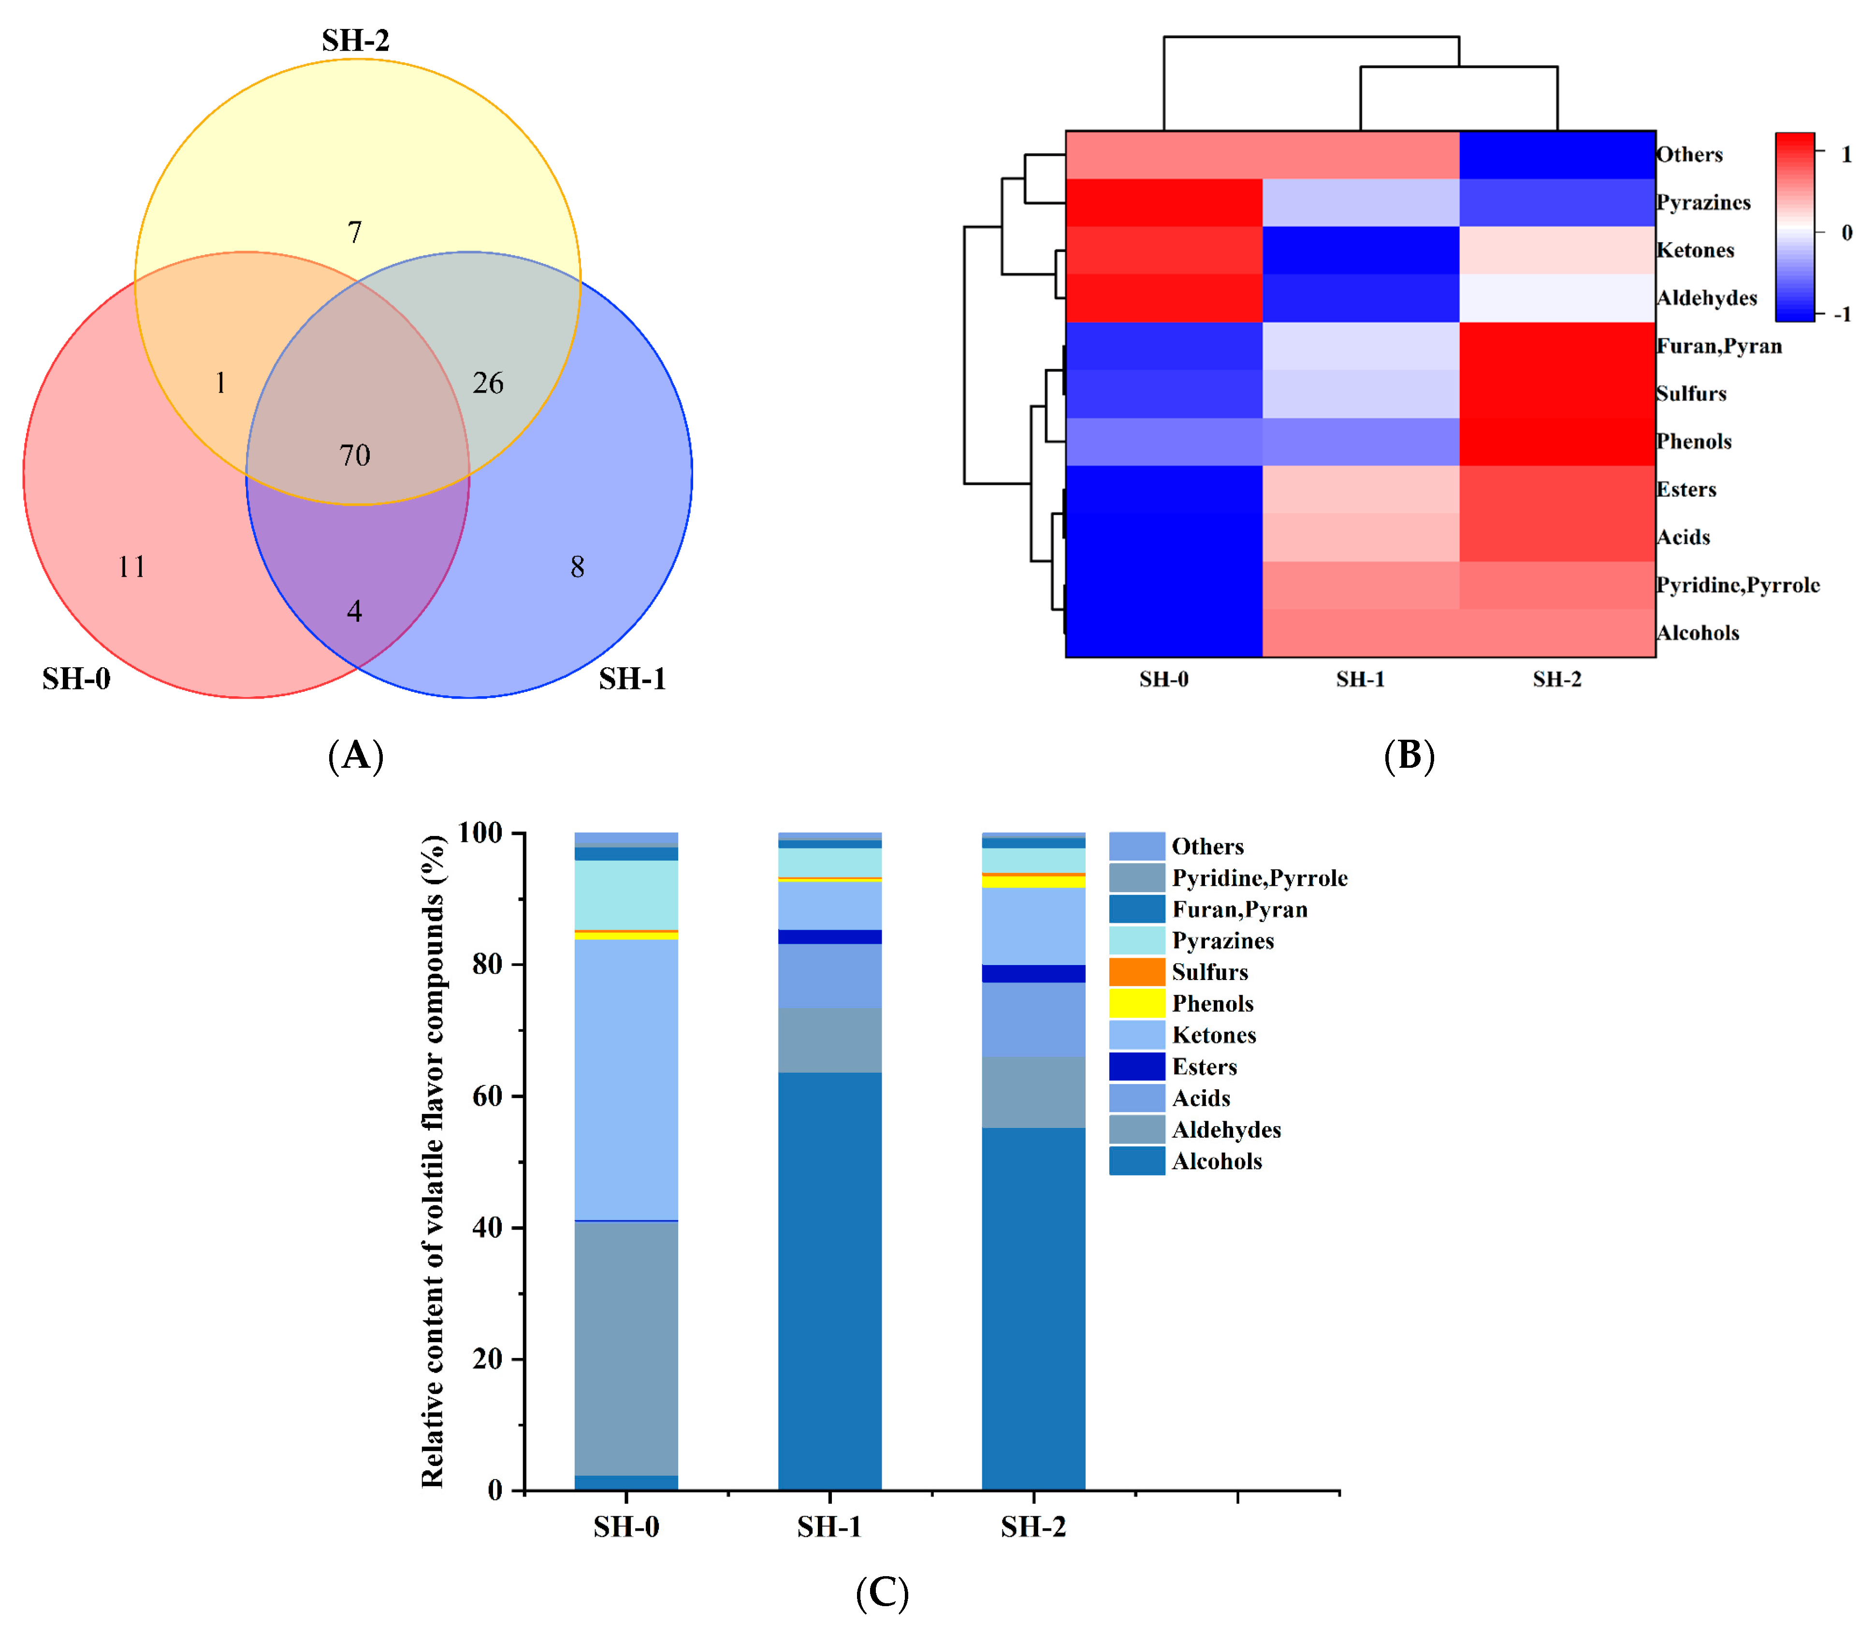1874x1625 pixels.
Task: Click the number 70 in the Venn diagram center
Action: [x=354, y=455]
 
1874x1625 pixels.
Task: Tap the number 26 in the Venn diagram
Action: [x=488, y=383]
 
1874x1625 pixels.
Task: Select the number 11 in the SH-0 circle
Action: [x=131, y=568]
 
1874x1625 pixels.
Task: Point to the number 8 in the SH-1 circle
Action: [x=577, y=568]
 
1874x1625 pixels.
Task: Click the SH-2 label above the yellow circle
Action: [x=355, y=41]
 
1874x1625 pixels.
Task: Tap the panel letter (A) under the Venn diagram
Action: [x=355, y=755]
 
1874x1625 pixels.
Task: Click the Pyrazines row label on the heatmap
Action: [x=1702, y=203]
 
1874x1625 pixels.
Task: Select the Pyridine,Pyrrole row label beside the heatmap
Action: [x=1737, y=586]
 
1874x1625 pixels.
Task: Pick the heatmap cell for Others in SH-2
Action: [x=1557, y=155]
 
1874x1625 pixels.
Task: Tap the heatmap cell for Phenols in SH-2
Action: [x=1557, y=441]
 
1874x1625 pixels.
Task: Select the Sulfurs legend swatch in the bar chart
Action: [x=1136, y=972]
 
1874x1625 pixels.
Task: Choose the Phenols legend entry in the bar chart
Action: [x=1212, y=1004]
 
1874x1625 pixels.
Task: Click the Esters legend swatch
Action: [x=1136, y=1067]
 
